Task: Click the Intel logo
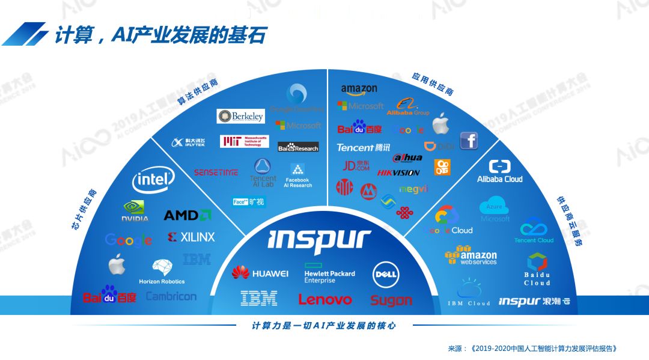tap(153, 178)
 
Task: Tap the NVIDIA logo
tap(135, 211)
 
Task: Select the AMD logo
tap(187, 215)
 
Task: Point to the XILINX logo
tap(191, 237)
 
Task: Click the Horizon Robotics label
tap(162, 281)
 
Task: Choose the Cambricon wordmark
tap(171, 296)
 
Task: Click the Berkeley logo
tap(240, 116)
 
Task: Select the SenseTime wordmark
tap(216, 172)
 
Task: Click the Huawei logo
tap(260, 273)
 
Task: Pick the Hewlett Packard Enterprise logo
tap(329, 273)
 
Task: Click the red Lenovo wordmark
tap(325, 299)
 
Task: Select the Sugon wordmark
tap(391, 300)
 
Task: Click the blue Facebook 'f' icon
tap(469, 141)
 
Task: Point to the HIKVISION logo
tap(398, 173)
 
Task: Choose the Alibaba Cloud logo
tap(499, 171)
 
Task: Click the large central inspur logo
tap(318, 239)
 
